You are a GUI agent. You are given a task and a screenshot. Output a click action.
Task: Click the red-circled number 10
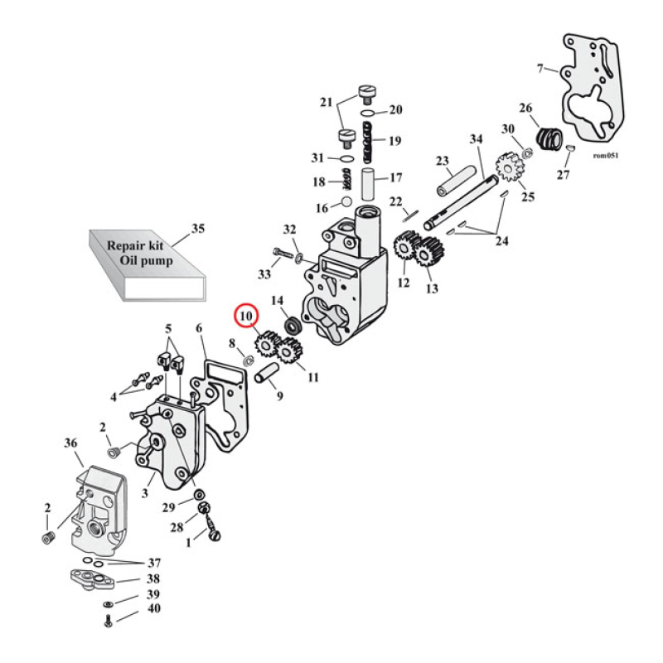(x=246, y=317)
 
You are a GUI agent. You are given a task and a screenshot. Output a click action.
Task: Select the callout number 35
(x=197, y=227)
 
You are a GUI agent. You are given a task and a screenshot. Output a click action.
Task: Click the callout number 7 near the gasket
(x=540, y=67)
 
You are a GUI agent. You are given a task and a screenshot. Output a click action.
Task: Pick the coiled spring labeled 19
(x=368, y=140)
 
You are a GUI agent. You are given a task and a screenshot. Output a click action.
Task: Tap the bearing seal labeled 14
(x=293, y=325)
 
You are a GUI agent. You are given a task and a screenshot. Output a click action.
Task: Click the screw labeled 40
(x=109, y=621)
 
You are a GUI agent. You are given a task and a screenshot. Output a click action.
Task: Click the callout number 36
(x=70, y=444)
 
